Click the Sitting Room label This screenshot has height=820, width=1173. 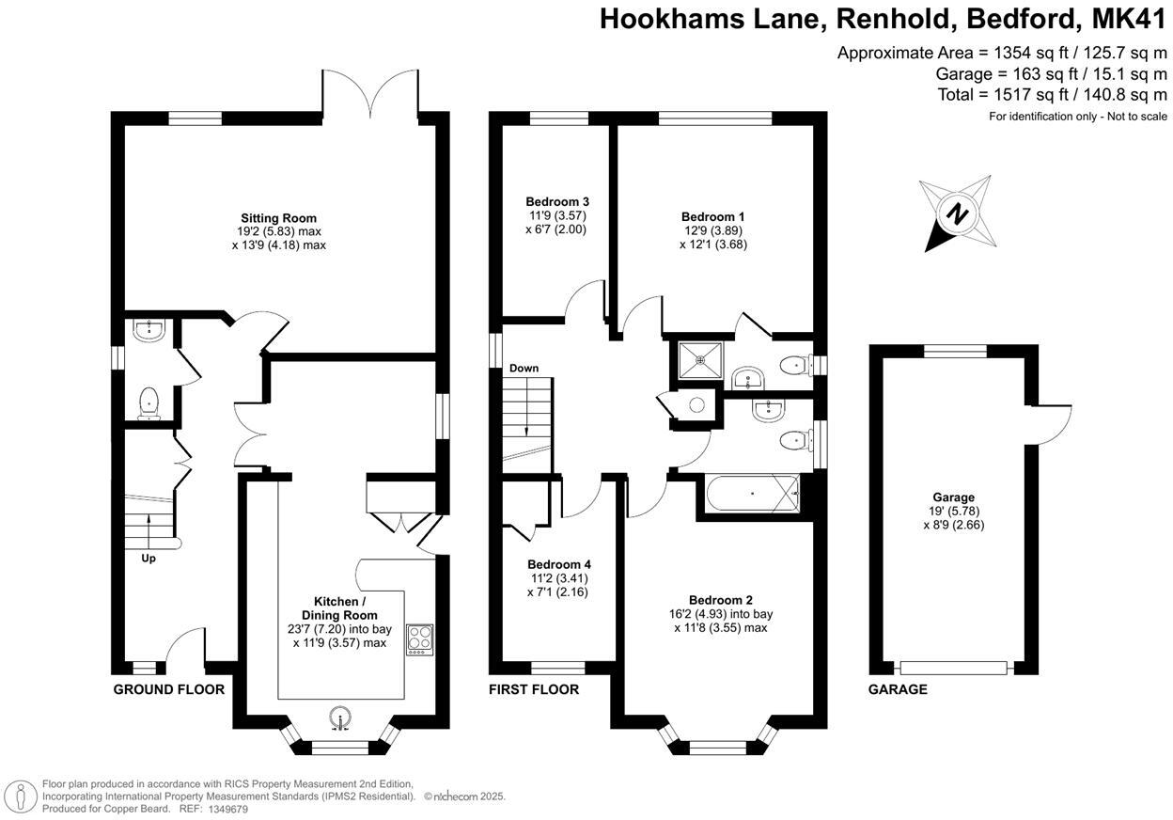[x=278, y=218]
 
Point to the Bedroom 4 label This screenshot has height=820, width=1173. [x=559, y=564]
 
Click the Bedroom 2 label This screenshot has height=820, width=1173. [x=721, y=600]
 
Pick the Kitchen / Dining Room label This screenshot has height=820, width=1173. [x=336, y=608]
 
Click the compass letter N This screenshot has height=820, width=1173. [x=957, y=213]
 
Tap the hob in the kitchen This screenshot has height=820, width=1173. [x=419, y=639]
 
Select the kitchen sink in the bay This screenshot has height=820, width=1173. [x=340, y=718]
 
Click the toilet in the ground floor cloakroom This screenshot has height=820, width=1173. [x=149, y=403]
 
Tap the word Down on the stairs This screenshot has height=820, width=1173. [x=524, y=368]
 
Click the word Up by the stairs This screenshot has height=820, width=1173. [x=149, y=559]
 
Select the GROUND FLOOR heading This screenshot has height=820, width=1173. [x=169, y=689]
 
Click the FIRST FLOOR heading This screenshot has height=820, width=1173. [x=533, y=689]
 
